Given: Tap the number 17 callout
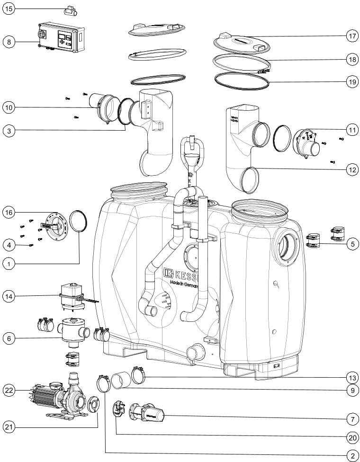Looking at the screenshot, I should point(351,36).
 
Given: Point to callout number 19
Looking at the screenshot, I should point(351,81).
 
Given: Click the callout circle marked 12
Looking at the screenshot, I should point(351,169).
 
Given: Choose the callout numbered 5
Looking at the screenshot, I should point(351,244).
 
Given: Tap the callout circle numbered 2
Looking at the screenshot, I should point(351,455).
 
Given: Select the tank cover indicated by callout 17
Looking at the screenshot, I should point(239,43).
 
